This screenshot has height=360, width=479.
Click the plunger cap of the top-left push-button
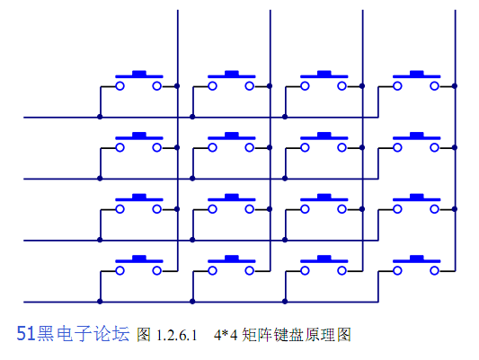[139, 73]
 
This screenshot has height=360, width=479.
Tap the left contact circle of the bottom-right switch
[397, 270]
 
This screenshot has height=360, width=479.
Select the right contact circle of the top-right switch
[434, 86]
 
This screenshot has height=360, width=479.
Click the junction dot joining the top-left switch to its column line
[177, 86]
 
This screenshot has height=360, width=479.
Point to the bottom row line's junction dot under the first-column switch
[100, 302]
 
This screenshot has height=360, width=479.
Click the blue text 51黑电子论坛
[73, 333]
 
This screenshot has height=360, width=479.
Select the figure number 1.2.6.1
[176, 335]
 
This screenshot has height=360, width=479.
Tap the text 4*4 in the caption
[226, 335]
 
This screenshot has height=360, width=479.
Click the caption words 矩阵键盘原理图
[297, 335]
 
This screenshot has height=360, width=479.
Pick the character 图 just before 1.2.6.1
[144, 335]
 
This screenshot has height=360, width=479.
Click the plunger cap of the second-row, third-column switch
[324, 135]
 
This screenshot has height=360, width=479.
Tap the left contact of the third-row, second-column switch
[213, 209]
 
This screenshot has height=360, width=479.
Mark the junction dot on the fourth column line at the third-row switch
[455, 209]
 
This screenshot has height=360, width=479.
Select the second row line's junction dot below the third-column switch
[285, 179]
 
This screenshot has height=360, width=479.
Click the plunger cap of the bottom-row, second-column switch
[232, 258]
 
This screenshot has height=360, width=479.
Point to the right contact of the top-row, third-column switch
[342, 86]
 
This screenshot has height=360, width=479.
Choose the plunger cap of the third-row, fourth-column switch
[417, 197]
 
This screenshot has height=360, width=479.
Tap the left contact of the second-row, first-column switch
[120, 147]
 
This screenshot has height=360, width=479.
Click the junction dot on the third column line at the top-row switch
[362, 86]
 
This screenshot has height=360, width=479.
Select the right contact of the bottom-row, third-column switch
[342, 270]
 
